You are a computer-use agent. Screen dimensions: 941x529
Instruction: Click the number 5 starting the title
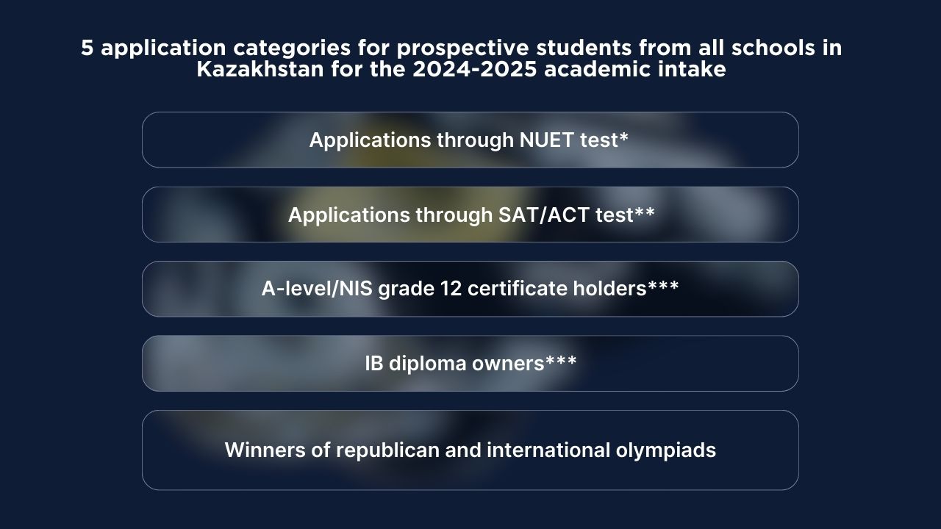click(x=87, y=48)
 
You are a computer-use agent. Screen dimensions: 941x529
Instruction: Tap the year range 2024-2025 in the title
click(x=475, y=69)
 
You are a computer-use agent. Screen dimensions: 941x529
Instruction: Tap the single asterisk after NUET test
click(x=624, y=137)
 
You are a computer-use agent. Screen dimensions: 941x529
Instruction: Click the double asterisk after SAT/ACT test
click(x=645, y=211)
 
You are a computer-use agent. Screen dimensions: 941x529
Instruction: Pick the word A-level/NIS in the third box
click(x=317, y=289)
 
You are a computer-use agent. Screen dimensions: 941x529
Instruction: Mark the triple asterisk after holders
click(x=663, y=285)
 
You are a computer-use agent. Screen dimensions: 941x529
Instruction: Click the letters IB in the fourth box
click(x=374, y=364)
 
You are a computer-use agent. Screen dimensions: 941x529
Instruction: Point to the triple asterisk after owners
click(x=561, y=360)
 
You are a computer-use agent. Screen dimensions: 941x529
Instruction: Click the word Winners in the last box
click(x=265, y=450)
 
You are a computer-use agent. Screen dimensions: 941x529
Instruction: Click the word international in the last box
click(x=548, y=450)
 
